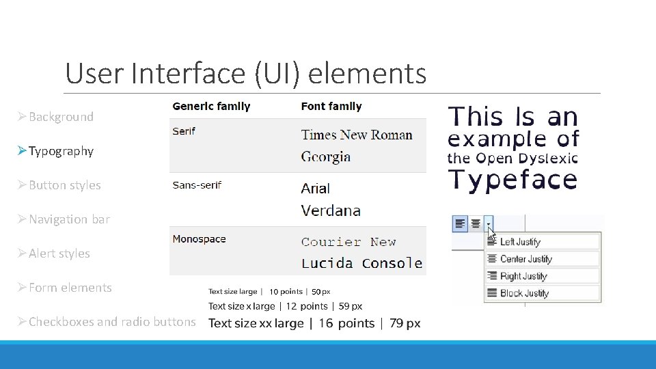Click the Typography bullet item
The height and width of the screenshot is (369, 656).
(61, 151)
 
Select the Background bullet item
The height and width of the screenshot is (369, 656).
(61, 117)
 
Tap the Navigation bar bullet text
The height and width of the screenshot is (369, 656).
(69, 219)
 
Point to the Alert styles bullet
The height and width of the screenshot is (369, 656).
(59, 254)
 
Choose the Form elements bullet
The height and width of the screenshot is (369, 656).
(70, 288)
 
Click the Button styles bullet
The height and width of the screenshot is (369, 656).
(64, 185)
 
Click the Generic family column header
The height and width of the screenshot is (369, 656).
(211, 107)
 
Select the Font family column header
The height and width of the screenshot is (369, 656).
(331, 107)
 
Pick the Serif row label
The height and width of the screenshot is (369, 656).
(184, 131)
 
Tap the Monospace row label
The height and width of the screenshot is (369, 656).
(199, 239)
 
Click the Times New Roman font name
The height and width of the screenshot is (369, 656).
(357, 135)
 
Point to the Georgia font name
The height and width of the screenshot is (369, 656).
(326, 156)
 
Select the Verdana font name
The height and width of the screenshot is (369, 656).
(331, 210)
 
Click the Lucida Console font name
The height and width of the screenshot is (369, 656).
(361, 263)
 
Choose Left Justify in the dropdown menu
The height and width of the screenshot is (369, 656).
(519, 242)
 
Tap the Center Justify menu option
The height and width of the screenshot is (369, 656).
(525, 259)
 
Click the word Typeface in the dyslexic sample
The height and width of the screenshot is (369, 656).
(512, 179)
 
